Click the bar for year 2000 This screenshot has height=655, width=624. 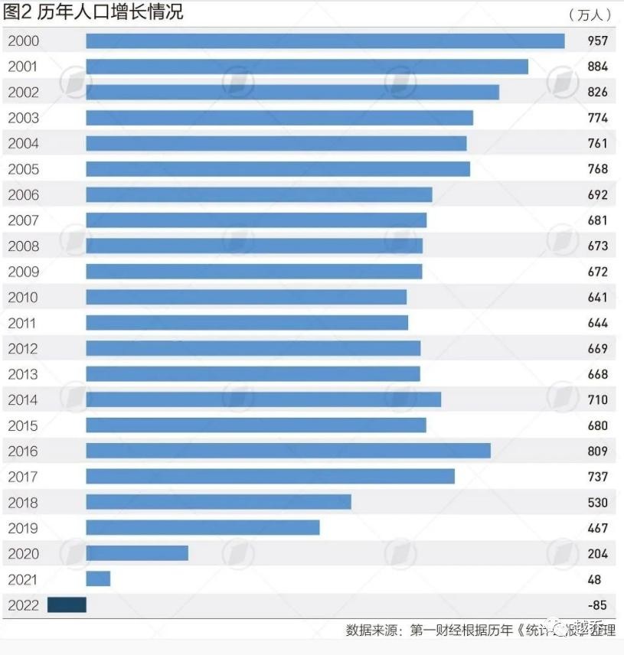click(325, 41)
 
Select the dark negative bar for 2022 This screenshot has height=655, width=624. click(67, 604)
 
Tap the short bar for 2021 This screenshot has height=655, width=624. click(98, 579)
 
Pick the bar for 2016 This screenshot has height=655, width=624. click(288, 451)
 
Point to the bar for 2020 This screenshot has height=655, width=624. click(137, 553)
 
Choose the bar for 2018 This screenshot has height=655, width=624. click(218, 502)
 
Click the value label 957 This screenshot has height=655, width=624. click(597, 41)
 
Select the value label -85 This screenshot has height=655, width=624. click(597, 604)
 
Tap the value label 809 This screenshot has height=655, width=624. click(597, 451)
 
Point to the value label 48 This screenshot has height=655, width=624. click(595, 579)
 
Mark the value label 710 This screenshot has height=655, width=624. click(597, 399)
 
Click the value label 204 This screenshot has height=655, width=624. click(597, 553)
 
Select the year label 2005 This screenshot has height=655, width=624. click(23, 169)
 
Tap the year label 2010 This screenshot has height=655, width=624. click(23, 297)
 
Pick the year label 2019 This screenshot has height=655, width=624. click(23, 528)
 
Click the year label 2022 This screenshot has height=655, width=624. click(23, 604)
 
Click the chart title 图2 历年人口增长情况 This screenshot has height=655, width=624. click(93, 12)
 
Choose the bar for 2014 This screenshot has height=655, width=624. click(263, 399)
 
